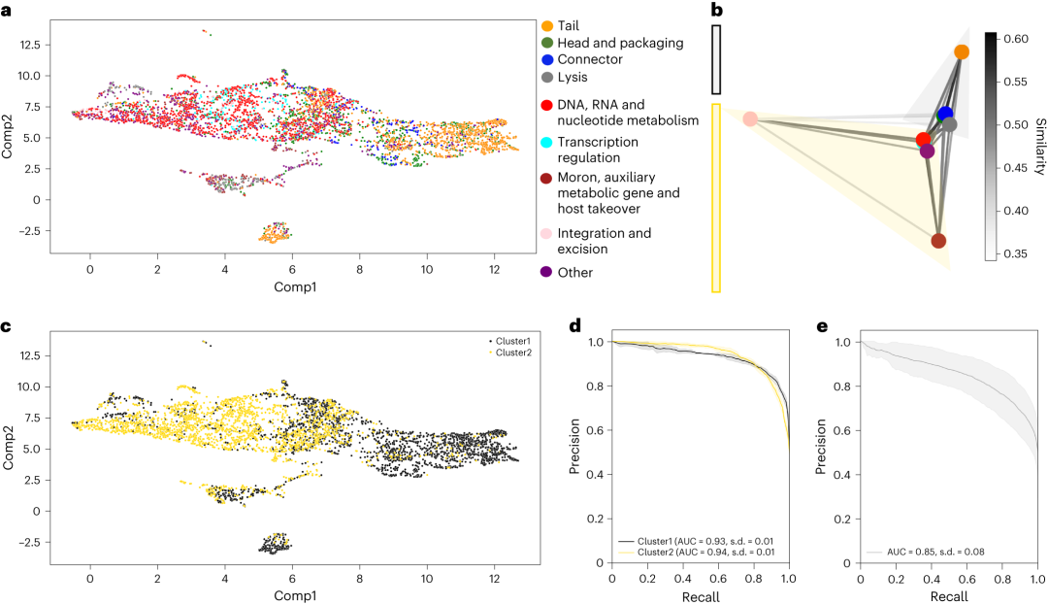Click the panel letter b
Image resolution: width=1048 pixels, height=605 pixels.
pyautogui.click(x=717, y=12)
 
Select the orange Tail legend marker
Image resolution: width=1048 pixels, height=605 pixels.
pyautogui.click(x=547, y=25)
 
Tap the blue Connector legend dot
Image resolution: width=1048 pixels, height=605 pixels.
pyautogui.click(x=547, y=59)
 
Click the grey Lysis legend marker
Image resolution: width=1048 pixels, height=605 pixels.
pyautogui.click(x=547, y=77)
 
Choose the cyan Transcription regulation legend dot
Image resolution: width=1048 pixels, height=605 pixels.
pyautogui.click(x=547, y=142)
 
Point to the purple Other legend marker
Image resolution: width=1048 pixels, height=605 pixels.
pyautogui.click(x=547, y=273)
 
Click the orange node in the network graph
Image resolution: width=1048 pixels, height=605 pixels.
pyautogui.click(x=962, y=51)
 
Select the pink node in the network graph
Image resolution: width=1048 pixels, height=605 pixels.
pyautogui.click(x=749, y=118)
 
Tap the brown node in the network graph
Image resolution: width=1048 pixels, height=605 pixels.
pyautogui.click(x=938, y=240)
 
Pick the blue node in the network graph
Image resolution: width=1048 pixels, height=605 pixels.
pyautogui.click(x=946, y=115)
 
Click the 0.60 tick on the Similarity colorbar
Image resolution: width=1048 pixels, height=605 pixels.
pyautogui.click(x=1013, y=39)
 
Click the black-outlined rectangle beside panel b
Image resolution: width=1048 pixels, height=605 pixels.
pyautogui.click(x=716, y=60)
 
